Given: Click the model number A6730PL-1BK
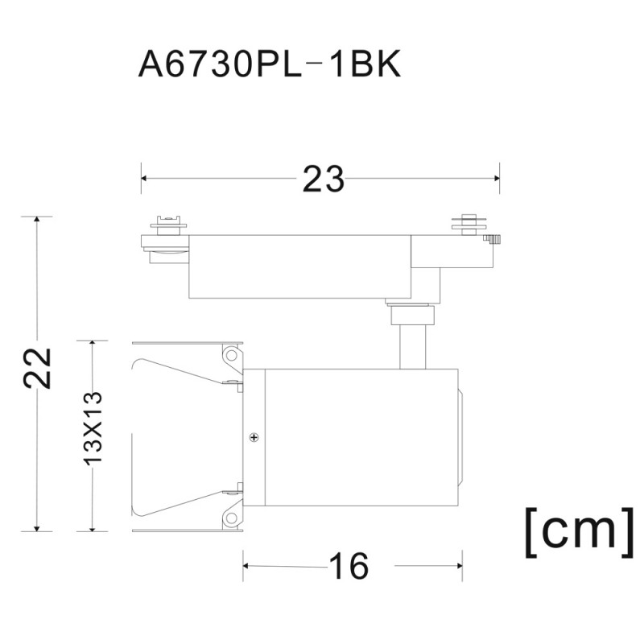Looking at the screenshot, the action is (x=270, y=64).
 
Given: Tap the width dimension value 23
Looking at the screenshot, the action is (x=324, y=179).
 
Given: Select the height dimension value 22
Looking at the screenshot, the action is (x=37, y=368).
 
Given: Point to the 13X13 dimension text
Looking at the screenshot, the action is (x=93, y=428).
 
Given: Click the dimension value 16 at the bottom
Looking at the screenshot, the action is (x=349, y=566).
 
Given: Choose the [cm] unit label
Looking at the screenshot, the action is (x=580, y=533).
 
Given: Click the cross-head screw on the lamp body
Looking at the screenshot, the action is (x=254, y=437).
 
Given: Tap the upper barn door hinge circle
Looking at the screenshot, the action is (x=232, y=354).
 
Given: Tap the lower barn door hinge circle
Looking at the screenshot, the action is (x=232, y=518).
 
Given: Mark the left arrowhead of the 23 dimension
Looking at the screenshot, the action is (x=144, y=178).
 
